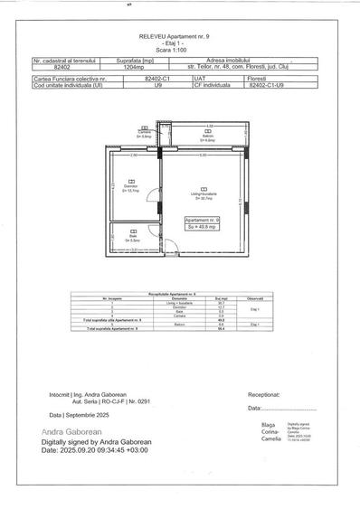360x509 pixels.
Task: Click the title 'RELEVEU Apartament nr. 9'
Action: click(x=180, y=35)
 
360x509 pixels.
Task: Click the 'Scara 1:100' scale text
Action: click(x=180, y=47)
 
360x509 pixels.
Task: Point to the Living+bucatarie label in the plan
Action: click(x=203, y=194)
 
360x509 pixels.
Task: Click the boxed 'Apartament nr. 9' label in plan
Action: click(x=202, y=220)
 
